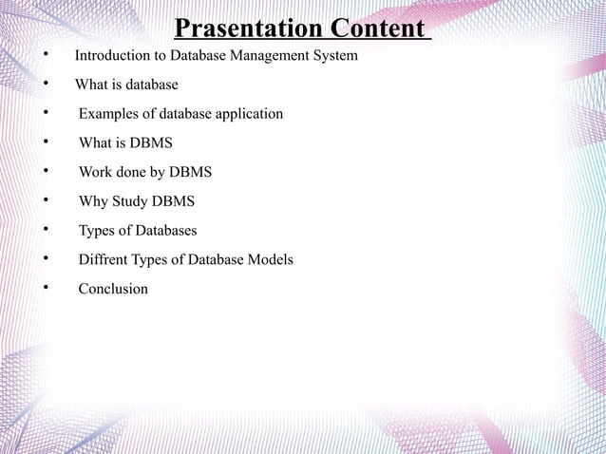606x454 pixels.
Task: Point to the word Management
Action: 270,57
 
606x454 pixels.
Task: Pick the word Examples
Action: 109,114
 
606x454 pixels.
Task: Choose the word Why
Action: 94,201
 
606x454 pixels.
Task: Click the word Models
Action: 270,259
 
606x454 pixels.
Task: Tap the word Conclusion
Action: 113,288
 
